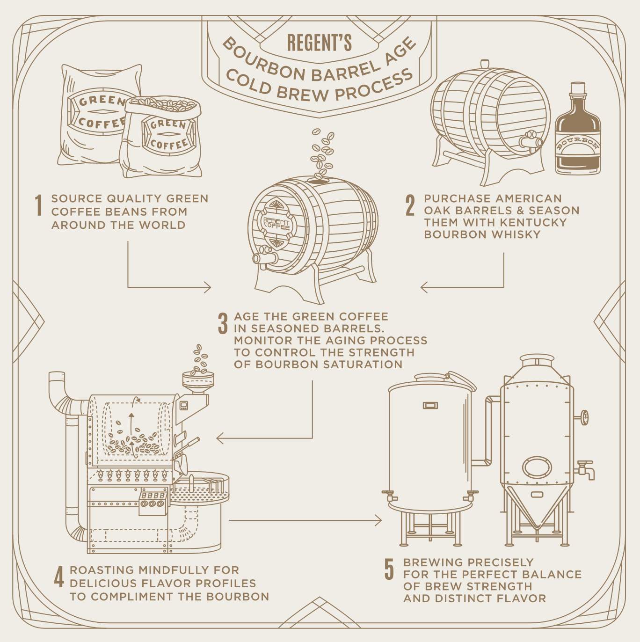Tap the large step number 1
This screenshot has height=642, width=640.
[39, 205]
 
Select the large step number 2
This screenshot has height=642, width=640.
[410, 205]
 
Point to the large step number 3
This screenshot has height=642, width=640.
[223, 323]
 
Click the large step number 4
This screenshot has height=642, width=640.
[59, 577]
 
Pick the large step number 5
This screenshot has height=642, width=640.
[389, 569]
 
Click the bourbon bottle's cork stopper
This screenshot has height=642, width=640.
[578, 89]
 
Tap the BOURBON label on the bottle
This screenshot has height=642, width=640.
[578, 143]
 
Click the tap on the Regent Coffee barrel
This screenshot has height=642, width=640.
[265, 256]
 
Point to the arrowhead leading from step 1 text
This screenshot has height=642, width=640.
[208, 287]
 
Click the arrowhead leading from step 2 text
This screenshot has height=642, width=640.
[424, 287]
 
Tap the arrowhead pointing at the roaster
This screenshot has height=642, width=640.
[220, 438]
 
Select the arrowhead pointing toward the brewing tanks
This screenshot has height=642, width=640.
[378, 520]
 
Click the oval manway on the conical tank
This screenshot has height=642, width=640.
[537, 467]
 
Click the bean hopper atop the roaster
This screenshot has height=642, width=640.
[198, 381]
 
